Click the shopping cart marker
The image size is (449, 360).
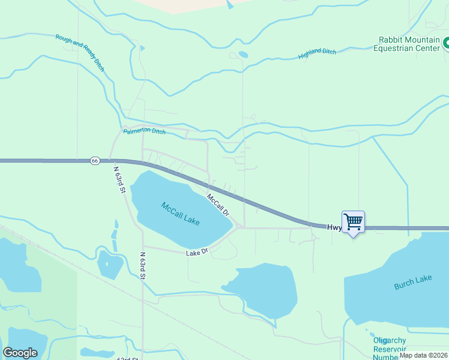pos(353,221)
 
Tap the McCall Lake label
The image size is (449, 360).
pos(180,214)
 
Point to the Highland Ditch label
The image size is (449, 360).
pos(318,54)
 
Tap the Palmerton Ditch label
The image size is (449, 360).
pos(144,131)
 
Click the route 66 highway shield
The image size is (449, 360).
pos(95,161)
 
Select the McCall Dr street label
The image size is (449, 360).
pos(218,204)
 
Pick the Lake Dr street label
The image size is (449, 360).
pos(197,253)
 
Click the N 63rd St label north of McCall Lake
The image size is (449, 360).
pos(119,178)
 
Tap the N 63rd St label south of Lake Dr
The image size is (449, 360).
pos(143,266)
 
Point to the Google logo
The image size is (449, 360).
pos(20,353)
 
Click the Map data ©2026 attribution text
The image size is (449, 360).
pos(423,355)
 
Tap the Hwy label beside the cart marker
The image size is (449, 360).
pos(334,228)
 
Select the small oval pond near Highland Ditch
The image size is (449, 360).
pos(243,55)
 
